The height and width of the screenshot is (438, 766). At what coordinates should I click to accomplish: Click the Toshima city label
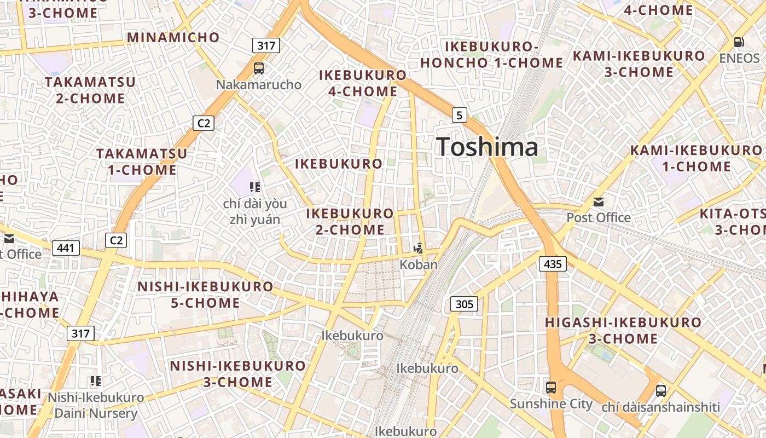[x=487, y=147]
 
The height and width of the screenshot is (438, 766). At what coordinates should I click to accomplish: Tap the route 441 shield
[x=66, y=248]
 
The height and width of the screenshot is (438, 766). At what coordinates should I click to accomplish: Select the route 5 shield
[x=460, y=115]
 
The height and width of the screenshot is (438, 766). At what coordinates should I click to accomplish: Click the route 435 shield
[x=553, y=264]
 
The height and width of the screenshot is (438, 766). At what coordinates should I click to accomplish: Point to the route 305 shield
[x=464, y=304]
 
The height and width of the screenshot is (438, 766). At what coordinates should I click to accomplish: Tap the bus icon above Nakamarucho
[x=259, y=68]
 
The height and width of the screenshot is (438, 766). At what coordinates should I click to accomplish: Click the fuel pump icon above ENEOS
[x=739, y=42]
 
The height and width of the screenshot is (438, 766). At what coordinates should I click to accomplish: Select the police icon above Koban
[x=419, y=248]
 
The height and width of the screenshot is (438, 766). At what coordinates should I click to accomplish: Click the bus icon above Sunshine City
[x=551, y=388]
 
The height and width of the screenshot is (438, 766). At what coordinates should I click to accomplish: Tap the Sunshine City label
[x=551, y=404]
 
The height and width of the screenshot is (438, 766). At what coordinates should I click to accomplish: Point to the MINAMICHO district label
[x=173, y=38]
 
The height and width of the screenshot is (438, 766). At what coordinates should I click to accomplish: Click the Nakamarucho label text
[x=259, y=84]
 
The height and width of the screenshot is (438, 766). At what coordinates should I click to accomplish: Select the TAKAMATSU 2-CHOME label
[x=90, y=90]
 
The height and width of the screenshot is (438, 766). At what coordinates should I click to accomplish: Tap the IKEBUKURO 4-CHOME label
[x=363, y=83]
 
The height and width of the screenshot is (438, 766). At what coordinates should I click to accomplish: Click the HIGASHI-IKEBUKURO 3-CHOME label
[x=623, y=330]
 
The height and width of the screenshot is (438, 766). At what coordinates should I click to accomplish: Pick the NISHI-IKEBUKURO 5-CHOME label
[x=205, y=295]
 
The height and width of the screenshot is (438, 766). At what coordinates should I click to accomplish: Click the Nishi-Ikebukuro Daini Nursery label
[x=96, y=405]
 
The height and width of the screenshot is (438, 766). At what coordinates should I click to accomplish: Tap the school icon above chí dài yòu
[x=254, y=188]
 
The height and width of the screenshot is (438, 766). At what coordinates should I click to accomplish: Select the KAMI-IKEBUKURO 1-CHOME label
[x=695, y=158]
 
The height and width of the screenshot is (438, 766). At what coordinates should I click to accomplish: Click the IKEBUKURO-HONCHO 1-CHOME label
[x=491, y=55]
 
